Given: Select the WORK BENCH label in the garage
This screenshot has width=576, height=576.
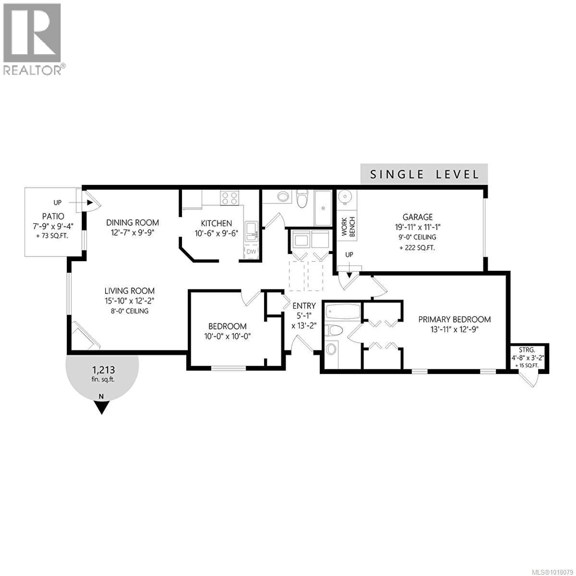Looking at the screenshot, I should pos(348,227).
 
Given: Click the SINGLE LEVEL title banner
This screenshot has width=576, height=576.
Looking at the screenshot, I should pos(424,174).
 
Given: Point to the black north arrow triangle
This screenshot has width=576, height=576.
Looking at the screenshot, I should pos(102,407).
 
